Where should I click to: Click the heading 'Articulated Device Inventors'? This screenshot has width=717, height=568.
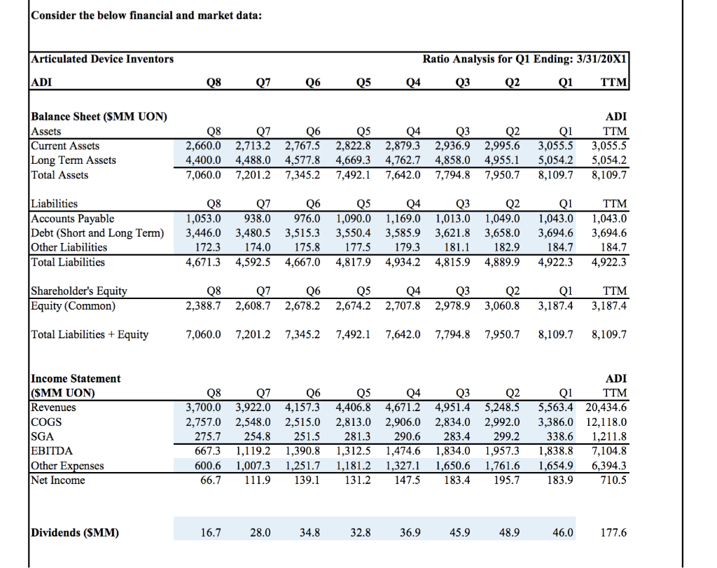pos(103,59)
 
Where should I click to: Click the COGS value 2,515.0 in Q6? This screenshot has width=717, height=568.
pos(305,422)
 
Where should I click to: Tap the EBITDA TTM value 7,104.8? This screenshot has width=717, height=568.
pos(609,450)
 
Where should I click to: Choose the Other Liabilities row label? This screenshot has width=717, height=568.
pos(69,247)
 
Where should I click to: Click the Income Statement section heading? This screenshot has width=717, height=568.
pos(76,378)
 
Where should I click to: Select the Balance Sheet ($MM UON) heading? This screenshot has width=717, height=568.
pos(99,116)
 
